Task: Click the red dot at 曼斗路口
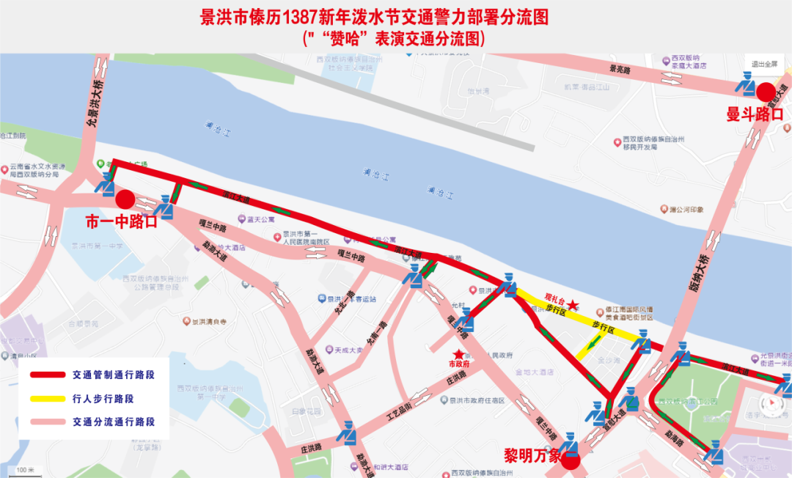[766, 92]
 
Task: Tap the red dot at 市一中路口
[125, 199]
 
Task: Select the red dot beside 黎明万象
[571, 460]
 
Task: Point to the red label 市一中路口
[121, 221]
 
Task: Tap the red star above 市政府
[459, 353]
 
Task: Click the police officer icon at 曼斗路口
[746, 88]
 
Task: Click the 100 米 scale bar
[26, 469]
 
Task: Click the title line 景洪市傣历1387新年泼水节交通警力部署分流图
[375, 17]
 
